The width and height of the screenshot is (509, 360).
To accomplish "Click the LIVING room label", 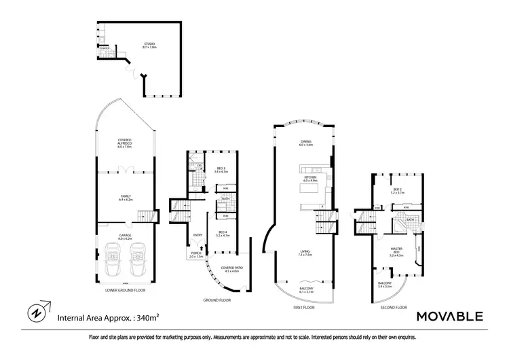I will point(305,253).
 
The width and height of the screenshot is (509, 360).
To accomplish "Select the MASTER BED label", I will point(396,252).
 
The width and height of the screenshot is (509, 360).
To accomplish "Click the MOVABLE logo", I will point(449,316).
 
